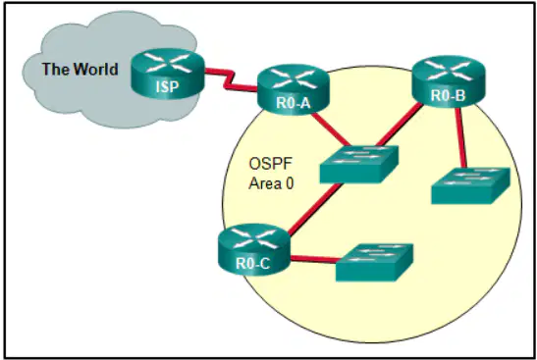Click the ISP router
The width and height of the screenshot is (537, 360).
[x=168, y=74]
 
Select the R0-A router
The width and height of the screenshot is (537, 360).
[x=294, y=89]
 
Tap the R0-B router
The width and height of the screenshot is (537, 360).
[x=449, y=81]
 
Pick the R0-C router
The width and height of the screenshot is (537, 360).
[x=254, y=249]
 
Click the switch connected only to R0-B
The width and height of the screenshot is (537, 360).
[x=470, y=185]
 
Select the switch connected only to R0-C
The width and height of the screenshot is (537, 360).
[x=375, y=263]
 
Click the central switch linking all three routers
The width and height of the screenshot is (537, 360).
[x=359, y=164]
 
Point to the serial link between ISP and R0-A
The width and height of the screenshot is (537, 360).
[x=231, y=79]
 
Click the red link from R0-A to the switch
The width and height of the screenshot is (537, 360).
[x=331, y=129]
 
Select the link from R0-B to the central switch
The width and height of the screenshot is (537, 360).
[x=400, y=124]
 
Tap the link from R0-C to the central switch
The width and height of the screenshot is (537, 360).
[x=315, y=209]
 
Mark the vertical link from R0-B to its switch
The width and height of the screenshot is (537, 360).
[x=460, y=137]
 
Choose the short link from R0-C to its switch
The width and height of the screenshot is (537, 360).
[x=314, y=259]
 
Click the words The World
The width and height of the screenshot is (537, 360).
[x=81, y=69]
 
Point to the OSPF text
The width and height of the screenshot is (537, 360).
[x=271, y=164]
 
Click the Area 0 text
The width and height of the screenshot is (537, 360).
[x=271, y=183]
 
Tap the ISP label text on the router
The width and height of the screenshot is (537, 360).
[x=168, y=87]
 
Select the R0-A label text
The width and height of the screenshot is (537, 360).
[x=294, y=103]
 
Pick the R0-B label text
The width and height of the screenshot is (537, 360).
[x=449, y=95]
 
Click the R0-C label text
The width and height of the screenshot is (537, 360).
[x=252, y=263]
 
